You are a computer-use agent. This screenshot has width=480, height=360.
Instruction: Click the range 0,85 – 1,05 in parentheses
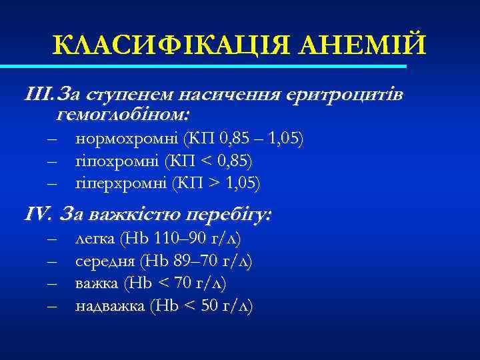(x=257, y=139)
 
